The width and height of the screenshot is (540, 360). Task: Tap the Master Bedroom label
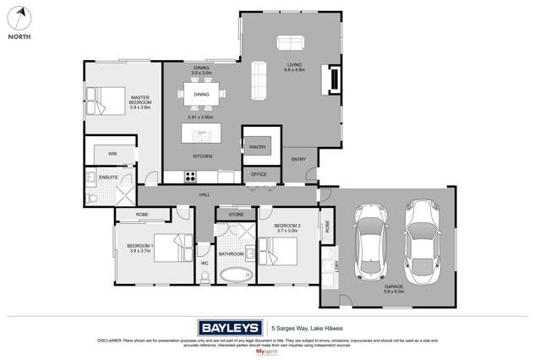pos(140,102)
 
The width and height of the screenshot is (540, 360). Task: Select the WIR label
pos(112,154)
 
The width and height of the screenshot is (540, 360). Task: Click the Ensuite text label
pos(108,177)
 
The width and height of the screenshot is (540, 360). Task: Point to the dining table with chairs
pos(201,95)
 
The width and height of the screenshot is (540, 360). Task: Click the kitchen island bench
pos(201,134)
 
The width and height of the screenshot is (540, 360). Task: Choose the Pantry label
pos(258,147)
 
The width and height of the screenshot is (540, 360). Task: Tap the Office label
pos(259,174)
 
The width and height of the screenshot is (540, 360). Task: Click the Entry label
pos(298,159)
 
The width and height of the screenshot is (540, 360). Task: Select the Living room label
pos(294,66)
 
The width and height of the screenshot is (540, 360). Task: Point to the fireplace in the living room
pos(334,80)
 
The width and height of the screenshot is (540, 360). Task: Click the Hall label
pos(205,194)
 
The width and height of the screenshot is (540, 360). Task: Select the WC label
pos(204,263)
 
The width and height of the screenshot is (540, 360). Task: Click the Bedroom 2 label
pos(287,229)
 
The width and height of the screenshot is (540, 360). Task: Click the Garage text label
pos(394,287)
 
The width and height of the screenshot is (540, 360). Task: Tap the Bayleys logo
pos(228,328)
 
